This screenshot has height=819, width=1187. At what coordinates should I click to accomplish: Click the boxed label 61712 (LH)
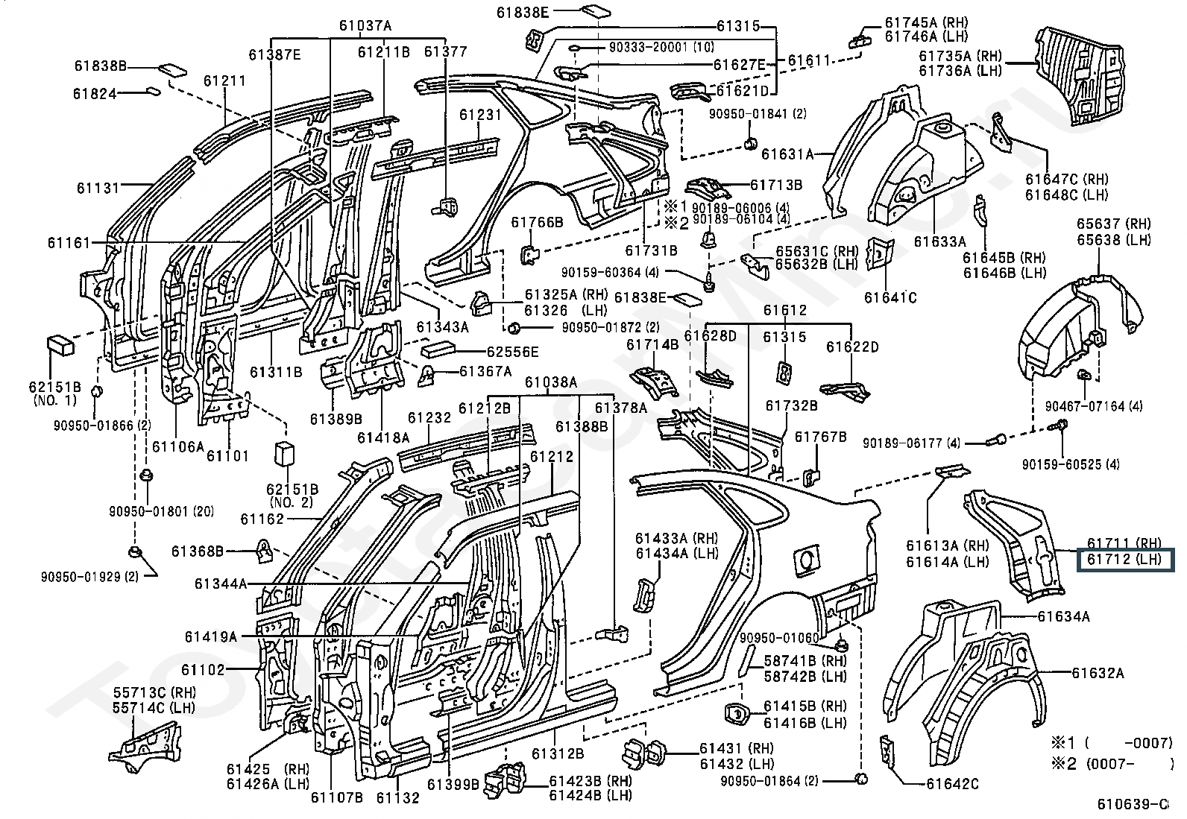pyautogui.click(x=1124, y=560)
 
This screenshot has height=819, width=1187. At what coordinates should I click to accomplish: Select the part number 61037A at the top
pyautogui.click(x=365, y=25)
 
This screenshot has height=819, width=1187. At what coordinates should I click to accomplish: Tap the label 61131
pyautogui.click(x=97, y=188)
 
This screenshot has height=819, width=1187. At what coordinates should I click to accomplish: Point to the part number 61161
pyautogui.click(x=68, y=242)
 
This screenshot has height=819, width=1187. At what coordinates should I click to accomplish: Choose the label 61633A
pyautogui.click(x=939, y=241)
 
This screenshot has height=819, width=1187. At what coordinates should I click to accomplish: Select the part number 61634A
pyautogui.click(x=1063, y=616)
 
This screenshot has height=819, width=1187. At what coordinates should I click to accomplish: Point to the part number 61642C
pyautogui.click(x=952, y=783)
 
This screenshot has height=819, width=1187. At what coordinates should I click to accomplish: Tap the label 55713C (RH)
pyautogui.click(x=154, y=692)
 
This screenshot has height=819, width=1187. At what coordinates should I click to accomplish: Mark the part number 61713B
pyautogui.click(x=775, y=185)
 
